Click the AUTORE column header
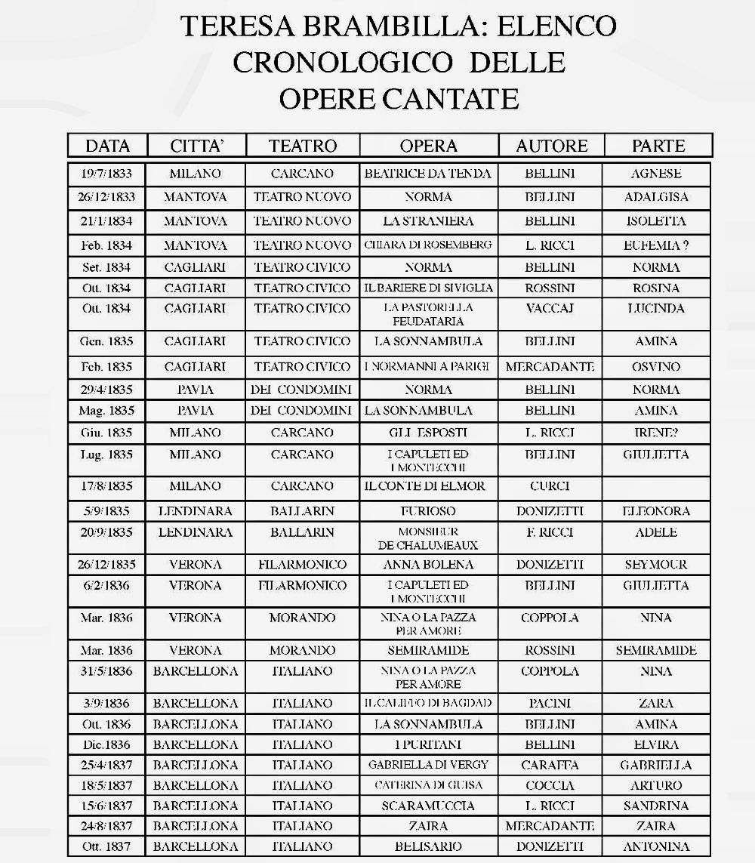(551, 146)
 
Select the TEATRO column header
(303, 146)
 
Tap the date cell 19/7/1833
(106, 174)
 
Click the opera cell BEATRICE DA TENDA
(428, 174)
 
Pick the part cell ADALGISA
(656, 197)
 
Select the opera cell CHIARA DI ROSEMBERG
(428, 245)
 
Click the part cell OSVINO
(656, 367)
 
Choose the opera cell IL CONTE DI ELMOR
(428, 486)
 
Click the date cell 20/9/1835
(106, 532)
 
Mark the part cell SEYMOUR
(656, 565)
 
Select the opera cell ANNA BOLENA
(428, 565)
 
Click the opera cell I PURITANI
(428, 744)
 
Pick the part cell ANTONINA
(656, 846)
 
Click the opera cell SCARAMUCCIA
(428, 806)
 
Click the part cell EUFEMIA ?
(656, 245)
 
